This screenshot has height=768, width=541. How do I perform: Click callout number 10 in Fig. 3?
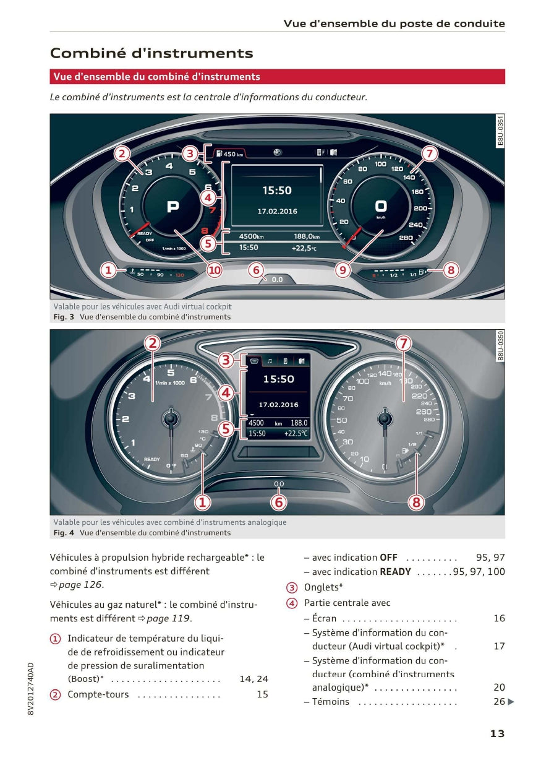point(214,270)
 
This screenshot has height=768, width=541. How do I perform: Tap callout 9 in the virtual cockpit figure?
point(343,270)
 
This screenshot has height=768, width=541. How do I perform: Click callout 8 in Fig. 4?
point(416,502)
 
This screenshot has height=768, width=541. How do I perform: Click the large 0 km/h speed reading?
point(381,207)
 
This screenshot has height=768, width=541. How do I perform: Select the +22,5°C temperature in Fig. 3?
point(304,248)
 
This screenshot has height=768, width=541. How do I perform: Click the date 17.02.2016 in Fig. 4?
point(278,405)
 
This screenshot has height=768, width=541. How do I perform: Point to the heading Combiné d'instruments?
point(151,53)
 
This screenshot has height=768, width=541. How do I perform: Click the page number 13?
point(497,734)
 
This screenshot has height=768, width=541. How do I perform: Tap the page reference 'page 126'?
point(80,585)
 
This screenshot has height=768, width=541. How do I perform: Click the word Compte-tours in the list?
point(98,694)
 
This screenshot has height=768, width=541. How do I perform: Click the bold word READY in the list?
point(395,572)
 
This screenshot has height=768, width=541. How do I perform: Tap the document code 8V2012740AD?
point(31,689)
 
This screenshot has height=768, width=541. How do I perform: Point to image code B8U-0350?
point(500,345)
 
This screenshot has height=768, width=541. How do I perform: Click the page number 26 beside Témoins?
point(499,702)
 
